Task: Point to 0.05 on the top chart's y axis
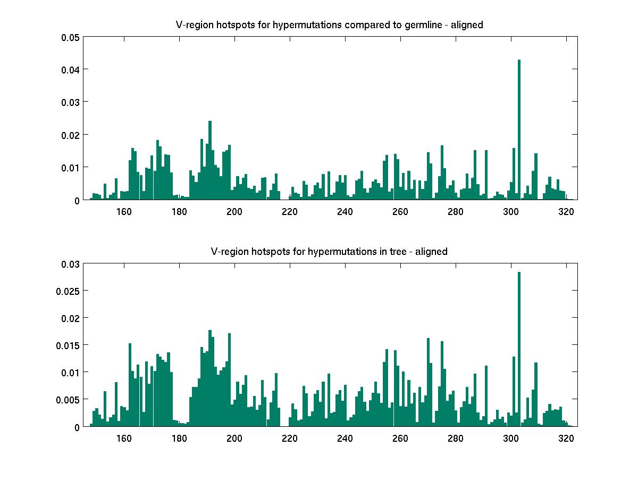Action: (70, 37)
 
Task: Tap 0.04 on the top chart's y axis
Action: (70, 70)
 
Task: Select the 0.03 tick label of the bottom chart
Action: (70, 264)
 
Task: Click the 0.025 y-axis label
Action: (68, 291)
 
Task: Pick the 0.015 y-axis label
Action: (68, 345)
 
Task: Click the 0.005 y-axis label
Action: (68, 400)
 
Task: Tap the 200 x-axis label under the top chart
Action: (234, 211)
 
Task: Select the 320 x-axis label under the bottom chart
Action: (566, 438)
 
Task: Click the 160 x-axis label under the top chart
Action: (124, 211)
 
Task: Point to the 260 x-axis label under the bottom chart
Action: (400, 438)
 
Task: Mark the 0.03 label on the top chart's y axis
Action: (70, 102)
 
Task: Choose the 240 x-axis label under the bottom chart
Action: (345, 438)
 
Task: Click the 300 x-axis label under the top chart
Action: (511, 211)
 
